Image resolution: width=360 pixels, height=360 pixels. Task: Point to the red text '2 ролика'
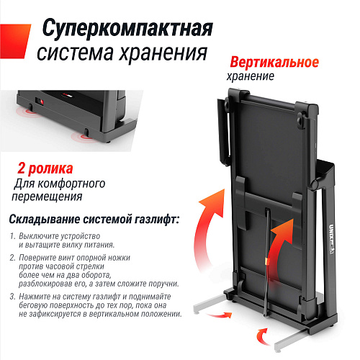45,170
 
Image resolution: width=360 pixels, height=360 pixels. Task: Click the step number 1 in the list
12,237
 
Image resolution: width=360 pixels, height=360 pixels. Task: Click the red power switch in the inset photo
42,102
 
